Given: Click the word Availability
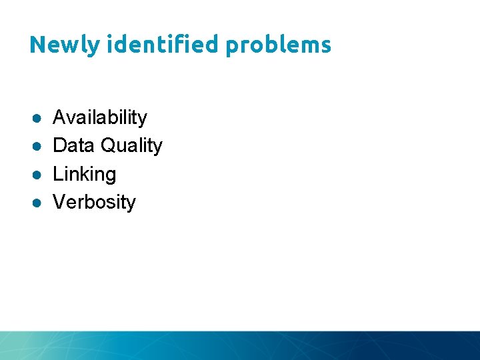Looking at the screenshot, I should tap(100, 118).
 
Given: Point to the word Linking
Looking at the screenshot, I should tap(85, 175).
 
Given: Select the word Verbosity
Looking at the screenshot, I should tap(94, 203).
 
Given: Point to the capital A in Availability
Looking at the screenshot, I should tap(59, 118).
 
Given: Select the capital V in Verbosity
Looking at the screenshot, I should tap(59, 202).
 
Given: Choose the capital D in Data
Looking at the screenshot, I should tap(59, 145).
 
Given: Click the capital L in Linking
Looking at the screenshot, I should tap(57, 174).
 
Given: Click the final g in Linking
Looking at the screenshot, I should tap(111, 177).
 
